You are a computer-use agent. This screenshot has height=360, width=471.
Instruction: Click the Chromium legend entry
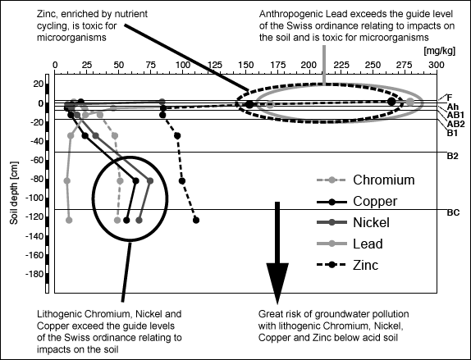pyautogui.click(x=366, y=180)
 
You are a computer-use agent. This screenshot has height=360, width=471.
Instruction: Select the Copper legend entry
pyautogui.click(x=357, y=202)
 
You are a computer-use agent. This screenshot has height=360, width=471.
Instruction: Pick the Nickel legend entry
pyautogui.click(x=353, y=222)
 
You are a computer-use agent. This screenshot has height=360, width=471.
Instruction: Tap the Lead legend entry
pyautogui.click(x=350, y=244)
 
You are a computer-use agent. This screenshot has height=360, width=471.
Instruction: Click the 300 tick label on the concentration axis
pyautogui.click(x=437, y=65)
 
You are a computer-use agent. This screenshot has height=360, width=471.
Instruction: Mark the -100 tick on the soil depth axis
pyautogui.click(x=34, y=198)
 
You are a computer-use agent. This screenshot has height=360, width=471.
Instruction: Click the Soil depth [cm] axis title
pyautogui.click(x=14, y=194)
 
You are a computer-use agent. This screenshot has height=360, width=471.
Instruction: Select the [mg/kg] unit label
pyautogui.click(x=440, y=51)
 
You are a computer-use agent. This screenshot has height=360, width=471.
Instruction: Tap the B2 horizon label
pyautogui.click(x=453, y=156)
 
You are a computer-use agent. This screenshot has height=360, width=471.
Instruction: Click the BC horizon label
pyautogui.click(x=453, y=212)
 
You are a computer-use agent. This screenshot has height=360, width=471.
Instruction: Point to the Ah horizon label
pyautogui.click(x=453, y=107)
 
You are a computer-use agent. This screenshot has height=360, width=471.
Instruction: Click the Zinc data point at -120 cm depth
pyautogui.click(x=196, y=220)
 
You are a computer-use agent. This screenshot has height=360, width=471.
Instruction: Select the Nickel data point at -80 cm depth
pyautogui.click(x=150, y=180)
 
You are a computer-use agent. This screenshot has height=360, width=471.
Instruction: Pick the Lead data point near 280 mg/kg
pyautogui.click(x=410, y=102)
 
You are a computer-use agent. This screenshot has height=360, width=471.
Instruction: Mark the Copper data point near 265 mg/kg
pyautogui.click(x=391, y=102)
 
